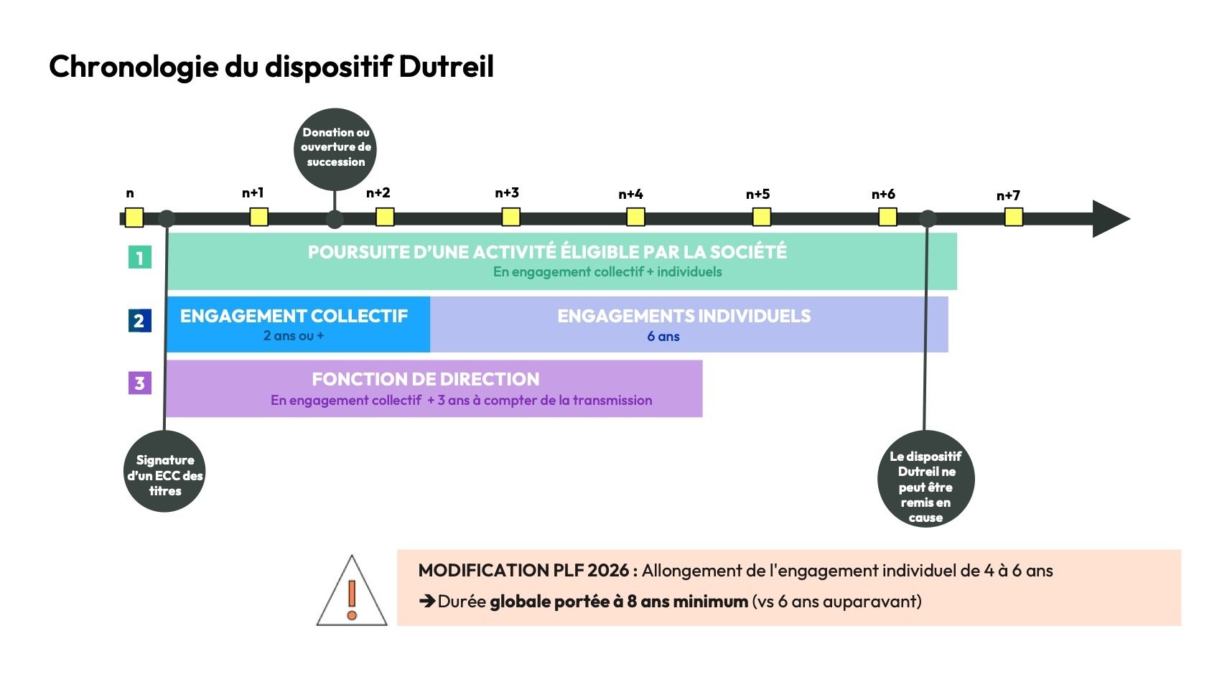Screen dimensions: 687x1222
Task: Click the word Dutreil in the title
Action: click(446, 67)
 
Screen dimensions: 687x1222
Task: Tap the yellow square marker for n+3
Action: click(510, 217)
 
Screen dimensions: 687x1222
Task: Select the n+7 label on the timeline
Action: click(1008, 196)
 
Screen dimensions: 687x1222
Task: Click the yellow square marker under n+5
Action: click(761, 217)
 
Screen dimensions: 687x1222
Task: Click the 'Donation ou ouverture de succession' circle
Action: click(335, 148)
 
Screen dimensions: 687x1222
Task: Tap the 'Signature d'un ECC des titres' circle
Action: click(164, 472)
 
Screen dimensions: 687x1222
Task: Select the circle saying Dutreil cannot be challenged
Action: click(925, 480)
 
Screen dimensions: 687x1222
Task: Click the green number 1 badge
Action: click(140, 257)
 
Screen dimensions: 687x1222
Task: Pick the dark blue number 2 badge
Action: click(140, 320)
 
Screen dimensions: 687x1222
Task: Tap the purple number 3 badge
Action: click(140, 383)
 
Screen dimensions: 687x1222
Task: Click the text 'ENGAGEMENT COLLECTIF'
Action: click(294, 316)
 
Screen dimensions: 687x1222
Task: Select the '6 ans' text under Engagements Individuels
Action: click(663, 337)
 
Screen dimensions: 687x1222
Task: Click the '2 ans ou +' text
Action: click(294, 336)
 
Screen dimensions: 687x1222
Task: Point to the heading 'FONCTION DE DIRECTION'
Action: click(425, 379)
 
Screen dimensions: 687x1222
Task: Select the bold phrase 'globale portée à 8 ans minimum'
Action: click(619, 602)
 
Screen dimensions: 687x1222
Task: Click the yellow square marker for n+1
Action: click(258, 217)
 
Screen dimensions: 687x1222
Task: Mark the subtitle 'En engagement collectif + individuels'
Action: click(607, 272)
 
